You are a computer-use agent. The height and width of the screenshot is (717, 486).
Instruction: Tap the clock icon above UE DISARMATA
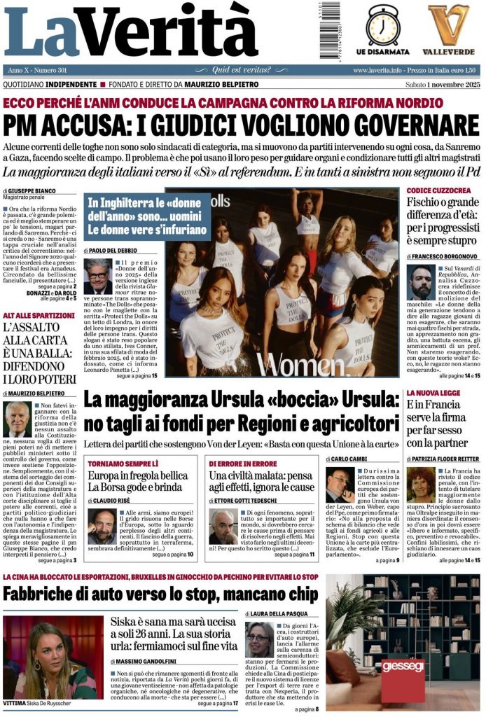click(383, 25)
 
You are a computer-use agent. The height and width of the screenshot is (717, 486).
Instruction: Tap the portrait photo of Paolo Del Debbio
click(97, 277)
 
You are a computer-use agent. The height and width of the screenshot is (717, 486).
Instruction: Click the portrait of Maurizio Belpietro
click(17, 419)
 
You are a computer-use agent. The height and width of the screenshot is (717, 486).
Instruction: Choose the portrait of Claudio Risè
click(102, 527)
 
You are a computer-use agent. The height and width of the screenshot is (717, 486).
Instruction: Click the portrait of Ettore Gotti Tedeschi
click(223, 527)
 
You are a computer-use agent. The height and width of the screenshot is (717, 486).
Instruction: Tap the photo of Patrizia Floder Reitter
click(420, 486)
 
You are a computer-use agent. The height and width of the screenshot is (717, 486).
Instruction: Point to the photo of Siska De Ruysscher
click(49, 657)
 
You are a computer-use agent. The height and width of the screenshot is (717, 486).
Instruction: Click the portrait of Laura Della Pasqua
click(259, 639)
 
